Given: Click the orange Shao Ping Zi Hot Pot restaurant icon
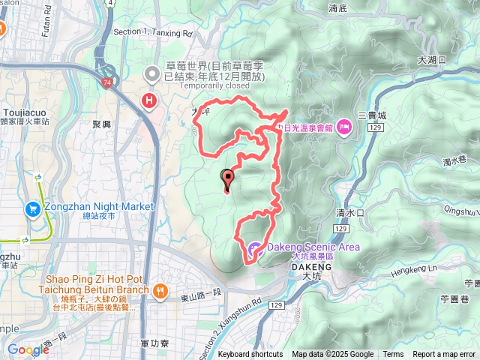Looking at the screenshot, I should click(159, 290).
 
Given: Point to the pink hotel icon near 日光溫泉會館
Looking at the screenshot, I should click(344, 125).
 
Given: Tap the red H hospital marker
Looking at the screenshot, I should click(151, 100).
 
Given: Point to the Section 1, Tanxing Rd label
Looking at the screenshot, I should click(152, 34).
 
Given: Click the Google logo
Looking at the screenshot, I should click(28, 349).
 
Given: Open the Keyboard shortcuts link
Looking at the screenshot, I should click(250, 355).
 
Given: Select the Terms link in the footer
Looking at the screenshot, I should click(393, 355).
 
